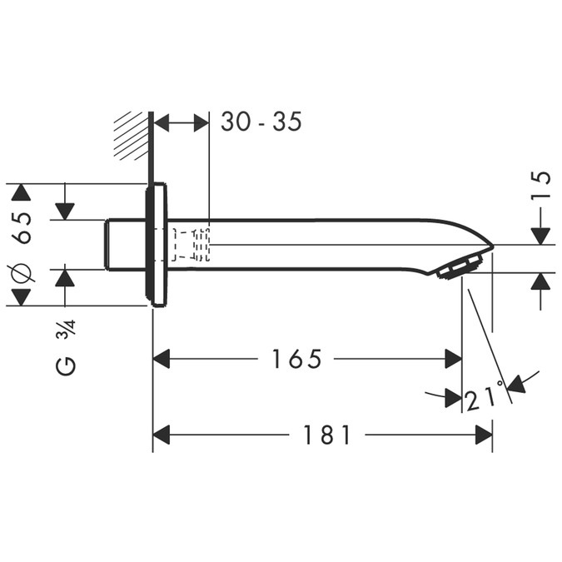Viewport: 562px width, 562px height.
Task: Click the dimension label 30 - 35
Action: (x=261, y=122)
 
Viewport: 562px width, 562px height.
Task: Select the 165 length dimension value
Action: (x=296, y=360)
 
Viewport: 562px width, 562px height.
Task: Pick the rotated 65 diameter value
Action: (x=22, y=227)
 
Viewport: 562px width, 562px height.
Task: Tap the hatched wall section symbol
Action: (x=131, y=134)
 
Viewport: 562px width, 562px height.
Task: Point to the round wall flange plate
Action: (x=157, y=245)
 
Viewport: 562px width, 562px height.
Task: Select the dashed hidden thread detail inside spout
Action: (x=191, y=245)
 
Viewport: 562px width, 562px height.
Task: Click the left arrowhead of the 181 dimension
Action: (x=162, y=435)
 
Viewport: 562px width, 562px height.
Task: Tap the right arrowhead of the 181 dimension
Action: (x=483, y=435)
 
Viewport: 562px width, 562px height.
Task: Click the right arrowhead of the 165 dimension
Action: (x=453, y=360)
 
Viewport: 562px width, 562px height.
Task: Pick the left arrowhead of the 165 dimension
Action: (x=162, y=360)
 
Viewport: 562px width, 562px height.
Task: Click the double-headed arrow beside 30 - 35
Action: (x=182, y=122)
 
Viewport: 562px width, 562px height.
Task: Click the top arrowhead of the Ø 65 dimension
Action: (x=22, y=193)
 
